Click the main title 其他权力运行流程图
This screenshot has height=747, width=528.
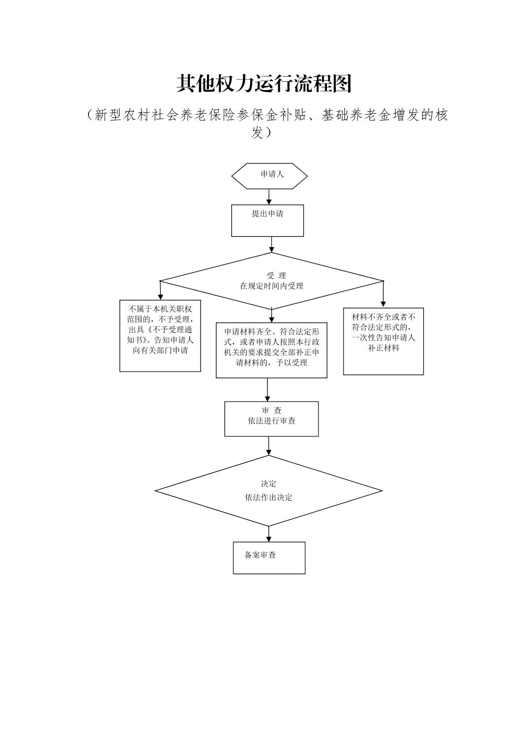264,84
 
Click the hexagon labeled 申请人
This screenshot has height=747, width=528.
269,175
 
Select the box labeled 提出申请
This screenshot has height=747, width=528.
267,220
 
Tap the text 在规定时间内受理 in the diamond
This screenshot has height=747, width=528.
271,286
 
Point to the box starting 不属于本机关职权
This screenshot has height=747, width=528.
160,337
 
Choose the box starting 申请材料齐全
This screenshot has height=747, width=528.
271,349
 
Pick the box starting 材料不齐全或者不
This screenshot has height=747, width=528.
383,341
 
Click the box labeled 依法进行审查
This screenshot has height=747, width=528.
271,419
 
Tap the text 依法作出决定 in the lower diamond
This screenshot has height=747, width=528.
268,497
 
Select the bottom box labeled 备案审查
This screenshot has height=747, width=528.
269,557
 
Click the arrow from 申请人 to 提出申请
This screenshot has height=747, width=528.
269,197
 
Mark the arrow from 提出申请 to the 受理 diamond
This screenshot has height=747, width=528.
271,244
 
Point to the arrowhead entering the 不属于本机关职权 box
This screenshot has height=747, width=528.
160,297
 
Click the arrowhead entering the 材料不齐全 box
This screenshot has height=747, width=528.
383,303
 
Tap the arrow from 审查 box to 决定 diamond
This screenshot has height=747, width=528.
269,445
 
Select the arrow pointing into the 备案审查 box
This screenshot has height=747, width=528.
269,534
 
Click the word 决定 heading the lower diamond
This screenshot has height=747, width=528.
268,484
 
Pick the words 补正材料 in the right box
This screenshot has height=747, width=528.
383,348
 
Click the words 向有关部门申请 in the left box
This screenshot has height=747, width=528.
160,350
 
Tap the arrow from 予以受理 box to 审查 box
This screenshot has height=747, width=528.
267,390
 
